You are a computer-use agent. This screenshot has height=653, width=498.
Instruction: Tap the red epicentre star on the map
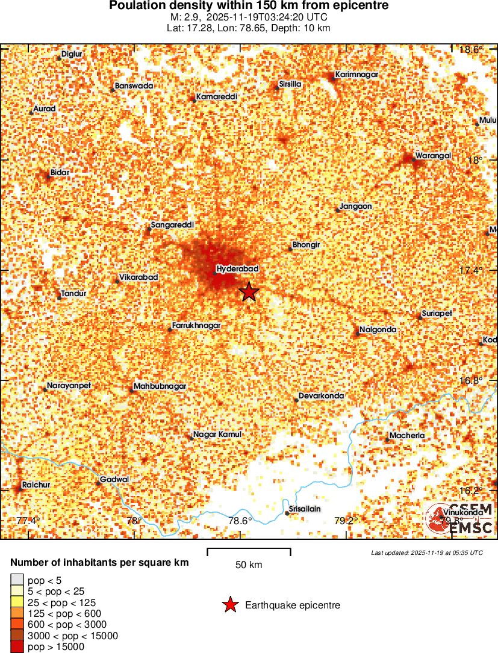[x=249, y=292]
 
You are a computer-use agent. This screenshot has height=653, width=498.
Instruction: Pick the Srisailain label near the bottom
[x=305, y=509]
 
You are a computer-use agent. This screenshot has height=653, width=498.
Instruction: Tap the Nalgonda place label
[x=378, y=330]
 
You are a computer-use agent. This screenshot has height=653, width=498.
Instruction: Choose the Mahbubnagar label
[x=160, y=386]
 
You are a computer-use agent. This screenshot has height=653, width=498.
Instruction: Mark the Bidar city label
[x=60, y=173]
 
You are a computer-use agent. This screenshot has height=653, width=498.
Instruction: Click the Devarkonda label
[x=322, y=396]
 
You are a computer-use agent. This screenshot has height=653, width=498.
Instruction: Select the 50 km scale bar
[x=249, y=551]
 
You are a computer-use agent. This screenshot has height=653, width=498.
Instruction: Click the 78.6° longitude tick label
[x=240, y=521]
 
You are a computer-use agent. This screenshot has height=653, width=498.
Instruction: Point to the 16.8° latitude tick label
[x=470, y=380]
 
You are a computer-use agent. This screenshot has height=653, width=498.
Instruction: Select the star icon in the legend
[x=229, y=605]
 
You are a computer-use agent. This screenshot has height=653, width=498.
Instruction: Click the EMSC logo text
[x=471, y=528]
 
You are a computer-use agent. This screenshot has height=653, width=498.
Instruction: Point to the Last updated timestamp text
[x=427, y=552]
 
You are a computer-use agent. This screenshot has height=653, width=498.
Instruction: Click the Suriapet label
[x=437, y=314]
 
